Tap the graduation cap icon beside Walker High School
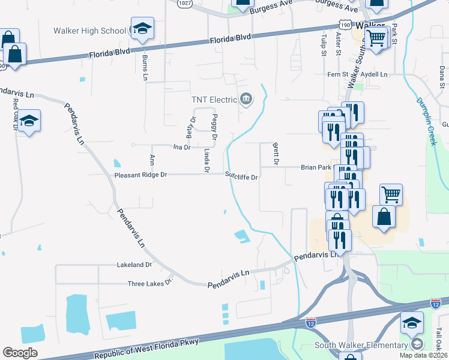143,28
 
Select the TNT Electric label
214,99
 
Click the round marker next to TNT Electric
246,99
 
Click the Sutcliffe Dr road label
241,177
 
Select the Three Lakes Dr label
150,283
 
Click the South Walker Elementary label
361,345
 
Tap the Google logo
20,353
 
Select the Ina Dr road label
181,146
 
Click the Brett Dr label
276,154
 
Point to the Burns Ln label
145,67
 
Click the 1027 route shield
184,3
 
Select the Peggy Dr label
214,124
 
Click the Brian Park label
316,168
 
